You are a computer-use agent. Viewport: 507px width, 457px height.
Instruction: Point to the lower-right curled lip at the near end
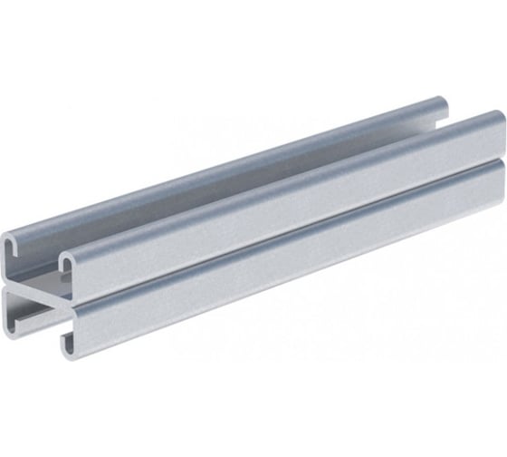pos(69,339)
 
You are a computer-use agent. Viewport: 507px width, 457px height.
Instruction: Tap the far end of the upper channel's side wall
pos(497,136)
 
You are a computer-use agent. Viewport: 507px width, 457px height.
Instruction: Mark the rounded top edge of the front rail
pos(272,181)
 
